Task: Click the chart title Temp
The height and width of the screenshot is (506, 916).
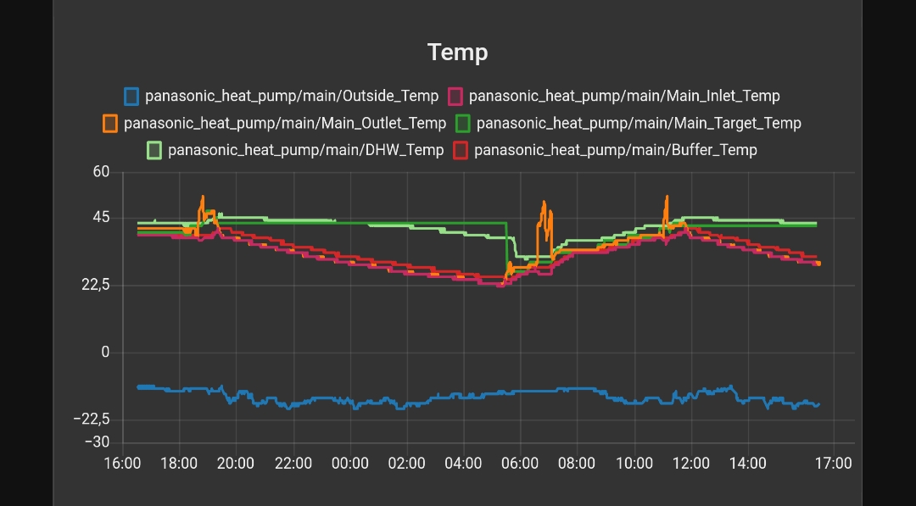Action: point(458,53)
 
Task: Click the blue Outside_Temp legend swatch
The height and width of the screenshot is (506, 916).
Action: point(131,96)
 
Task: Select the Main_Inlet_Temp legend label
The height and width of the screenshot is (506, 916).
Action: point(623,96)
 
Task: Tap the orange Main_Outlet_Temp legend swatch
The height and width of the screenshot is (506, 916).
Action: point(110,123)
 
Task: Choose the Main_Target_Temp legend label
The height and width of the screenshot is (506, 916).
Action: point(638,123)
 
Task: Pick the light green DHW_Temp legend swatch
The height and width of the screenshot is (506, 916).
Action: point(154,150)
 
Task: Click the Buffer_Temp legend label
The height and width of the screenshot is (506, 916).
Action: point(615,150)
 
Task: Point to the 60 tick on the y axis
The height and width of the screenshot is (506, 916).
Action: point(102,172)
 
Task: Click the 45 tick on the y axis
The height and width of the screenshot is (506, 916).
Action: point(102,218)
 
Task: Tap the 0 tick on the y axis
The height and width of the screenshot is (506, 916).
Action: point(106,352)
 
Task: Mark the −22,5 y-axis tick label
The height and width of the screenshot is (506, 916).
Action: point(92,420)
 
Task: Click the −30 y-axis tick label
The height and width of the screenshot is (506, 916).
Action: point(98,442)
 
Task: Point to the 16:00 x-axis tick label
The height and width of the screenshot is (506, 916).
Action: point(121,464)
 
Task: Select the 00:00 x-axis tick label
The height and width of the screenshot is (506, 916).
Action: point(349,464)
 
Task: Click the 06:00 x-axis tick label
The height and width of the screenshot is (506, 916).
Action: point(520,464)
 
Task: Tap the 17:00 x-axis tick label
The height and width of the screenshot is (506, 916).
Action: point(833,464)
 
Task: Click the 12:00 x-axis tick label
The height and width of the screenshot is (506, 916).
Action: point(690,464)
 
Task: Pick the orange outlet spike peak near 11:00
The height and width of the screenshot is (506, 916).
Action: point(667,197)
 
